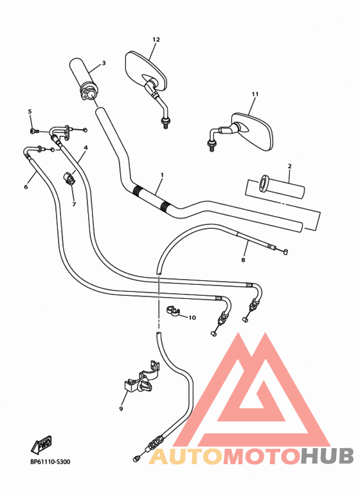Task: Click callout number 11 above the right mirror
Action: coord(255,95)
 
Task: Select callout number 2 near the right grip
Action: coord(289,166)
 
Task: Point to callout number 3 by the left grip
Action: coord(104,63)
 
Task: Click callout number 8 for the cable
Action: coord(243,260)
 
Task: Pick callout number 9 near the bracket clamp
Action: coord(121,408)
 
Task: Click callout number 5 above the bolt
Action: coord(30,112)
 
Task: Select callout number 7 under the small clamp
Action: coord(73,204)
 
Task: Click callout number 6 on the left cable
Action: coord(26,187)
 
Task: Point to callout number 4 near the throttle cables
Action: coord(85,148)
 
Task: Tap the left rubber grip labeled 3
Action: coord(82,78)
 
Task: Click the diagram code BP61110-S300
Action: coord(50,462)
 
